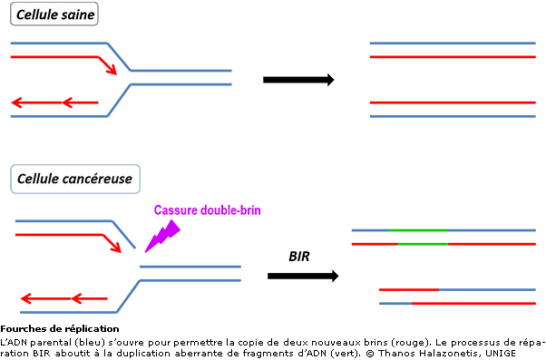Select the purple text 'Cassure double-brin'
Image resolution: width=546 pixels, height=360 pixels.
tap(207, 210)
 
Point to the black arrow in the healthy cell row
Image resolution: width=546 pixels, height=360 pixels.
tap(297, 80)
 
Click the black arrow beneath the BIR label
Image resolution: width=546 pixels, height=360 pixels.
tap(304, 276)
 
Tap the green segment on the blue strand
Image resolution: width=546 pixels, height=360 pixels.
tap(417, 230)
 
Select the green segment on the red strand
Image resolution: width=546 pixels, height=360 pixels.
tap(417, 244)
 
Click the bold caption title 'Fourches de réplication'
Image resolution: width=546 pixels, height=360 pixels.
tap(60, 328)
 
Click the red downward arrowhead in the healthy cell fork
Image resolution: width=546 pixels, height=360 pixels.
tap(111, 70)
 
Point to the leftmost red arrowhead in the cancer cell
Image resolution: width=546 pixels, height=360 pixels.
tap(26, 297)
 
